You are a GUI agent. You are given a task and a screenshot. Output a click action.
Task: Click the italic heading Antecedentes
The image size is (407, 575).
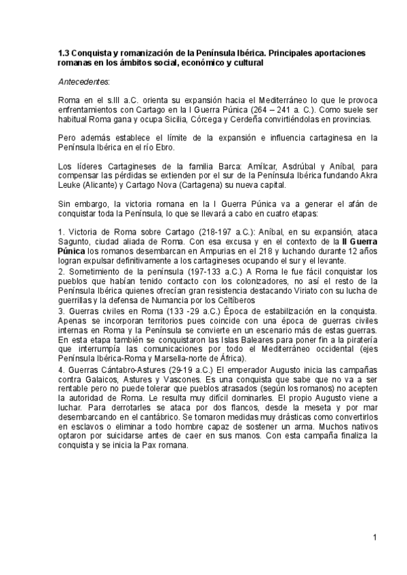pyautogui.click(x=84, y=82)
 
